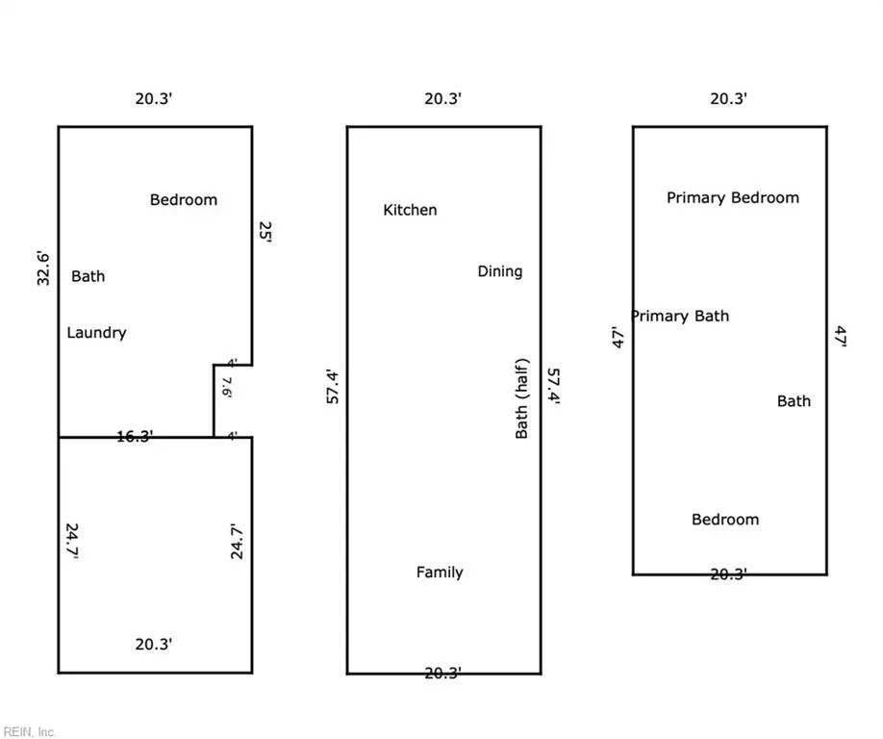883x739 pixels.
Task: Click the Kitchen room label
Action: click(x=410, y=210)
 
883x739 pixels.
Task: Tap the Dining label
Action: click(x=500, y=271)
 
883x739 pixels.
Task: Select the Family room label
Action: click(x=440, y=573)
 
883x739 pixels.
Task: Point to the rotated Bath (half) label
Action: click(x=522, y=398)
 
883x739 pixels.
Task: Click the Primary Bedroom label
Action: click(x=733, y=197)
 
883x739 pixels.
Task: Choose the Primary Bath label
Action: click(x=680, y=316)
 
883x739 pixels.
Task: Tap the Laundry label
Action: click(x=96, y=333)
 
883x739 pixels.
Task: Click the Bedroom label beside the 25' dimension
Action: click(x=184, y=200)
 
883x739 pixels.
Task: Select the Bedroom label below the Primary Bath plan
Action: click(x=725, y=520)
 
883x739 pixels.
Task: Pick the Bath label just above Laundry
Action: click(x=88, y=276)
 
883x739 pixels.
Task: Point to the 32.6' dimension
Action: click(x=43, y=268)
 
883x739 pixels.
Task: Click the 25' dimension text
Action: click(x=265, y=232)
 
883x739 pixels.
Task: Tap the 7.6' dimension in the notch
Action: click(x=227, y=388)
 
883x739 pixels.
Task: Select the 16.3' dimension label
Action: click(x=135, y=436)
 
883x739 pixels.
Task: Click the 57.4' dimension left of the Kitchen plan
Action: click(x=333, y=387)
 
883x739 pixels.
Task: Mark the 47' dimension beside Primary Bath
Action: click(x=618, y=338)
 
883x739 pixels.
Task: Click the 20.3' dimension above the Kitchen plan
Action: click(x=443, y=98)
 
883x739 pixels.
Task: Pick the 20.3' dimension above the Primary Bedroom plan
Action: click(x=729, y=98)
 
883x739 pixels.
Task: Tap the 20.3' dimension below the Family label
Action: click(x=443, y=674)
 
